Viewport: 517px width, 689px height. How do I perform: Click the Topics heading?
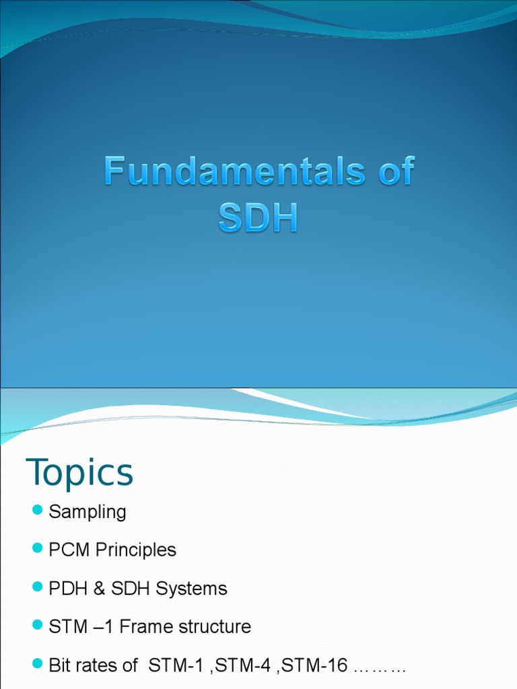pos(79,472)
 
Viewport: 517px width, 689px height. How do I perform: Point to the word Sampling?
pos(88,512)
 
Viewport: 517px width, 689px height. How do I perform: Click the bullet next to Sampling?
pos(37,511)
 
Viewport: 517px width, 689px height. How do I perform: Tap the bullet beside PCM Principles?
pos(37,550)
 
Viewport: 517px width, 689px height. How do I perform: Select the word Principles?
pos(136,550)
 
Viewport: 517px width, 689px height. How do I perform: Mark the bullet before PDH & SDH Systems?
pos(37,588)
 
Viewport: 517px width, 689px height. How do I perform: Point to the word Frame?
pos(145,627)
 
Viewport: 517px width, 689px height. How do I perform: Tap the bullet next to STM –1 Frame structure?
pos(37,626)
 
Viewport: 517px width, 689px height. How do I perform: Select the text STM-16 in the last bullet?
pos(318,666)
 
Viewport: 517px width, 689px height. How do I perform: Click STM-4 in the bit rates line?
pos(254,666)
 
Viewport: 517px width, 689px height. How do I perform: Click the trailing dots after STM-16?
pos(380,667)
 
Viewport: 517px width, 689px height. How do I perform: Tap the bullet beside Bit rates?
pos(37,665)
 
